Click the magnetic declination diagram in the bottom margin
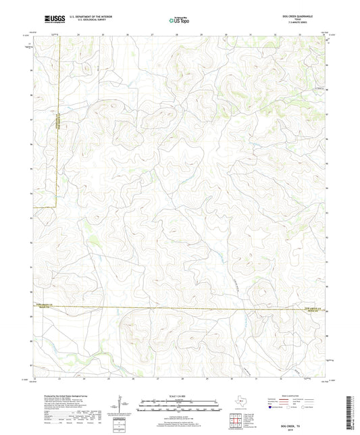(x=120, y=406)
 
